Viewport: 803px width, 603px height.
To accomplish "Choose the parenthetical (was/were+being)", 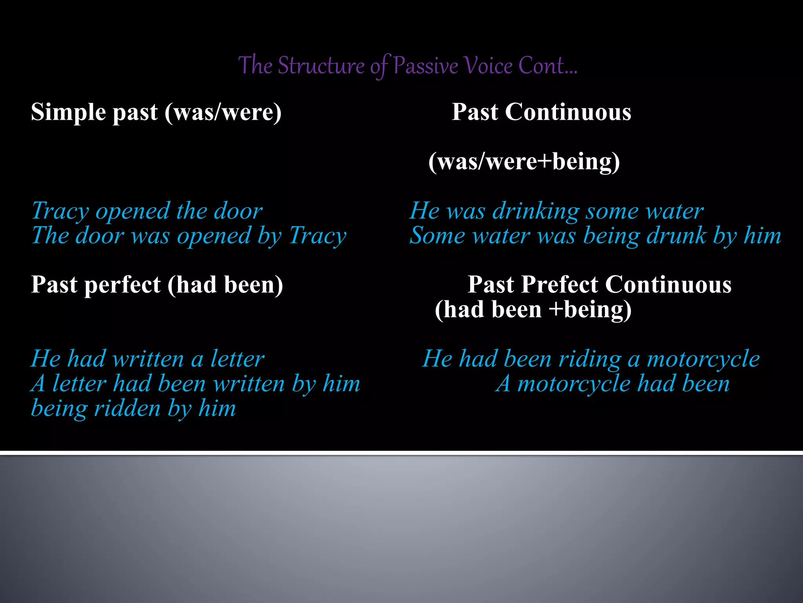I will pos(524,161).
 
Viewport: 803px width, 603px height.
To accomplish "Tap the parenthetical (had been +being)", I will pos(533,309).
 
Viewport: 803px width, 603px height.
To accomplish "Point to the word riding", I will pos(590,359).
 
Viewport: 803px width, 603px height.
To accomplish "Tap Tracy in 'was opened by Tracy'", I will pos(318,236).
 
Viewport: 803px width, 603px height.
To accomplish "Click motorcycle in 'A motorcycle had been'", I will pos(573,384).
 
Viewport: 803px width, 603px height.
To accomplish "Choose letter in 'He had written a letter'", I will pos(237,359).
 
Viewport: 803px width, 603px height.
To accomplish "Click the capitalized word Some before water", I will pos(437,236).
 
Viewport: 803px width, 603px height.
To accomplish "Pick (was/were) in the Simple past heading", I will pos(223,112).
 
